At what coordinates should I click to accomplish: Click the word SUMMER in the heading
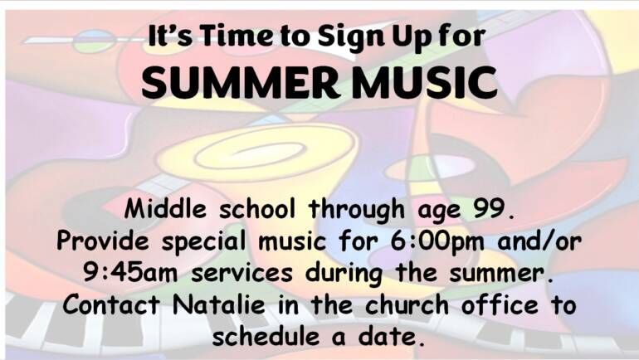pyautogui.click(x=240, y=83)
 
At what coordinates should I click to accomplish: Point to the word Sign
pyautogui.click(x=351, y=37)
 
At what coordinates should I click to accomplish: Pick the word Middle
pyautogui.click(x=165, y=209)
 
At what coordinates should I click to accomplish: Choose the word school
pyautogui.click(x=257, y=209)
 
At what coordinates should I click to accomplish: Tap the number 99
pyautogui.click(x=491, y=210)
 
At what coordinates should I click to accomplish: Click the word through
pyautogui.click(x=357, y=211)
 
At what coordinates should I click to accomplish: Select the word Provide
pyautogui.click(x=103, y=241)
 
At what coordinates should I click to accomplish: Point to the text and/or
pyautogui.click(x=539, y=241)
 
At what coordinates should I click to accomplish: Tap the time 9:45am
pyautogui.click(x=130, y=272)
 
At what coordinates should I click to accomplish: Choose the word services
pyautogui.click(x=241, y=272)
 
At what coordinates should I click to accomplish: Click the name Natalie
pyautogui.click(x=218, y=304)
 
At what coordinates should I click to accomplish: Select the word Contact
pyautogui.click(x=111, y=304)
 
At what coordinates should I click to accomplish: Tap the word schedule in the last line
pyautogui.click(x=266, y=336)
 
